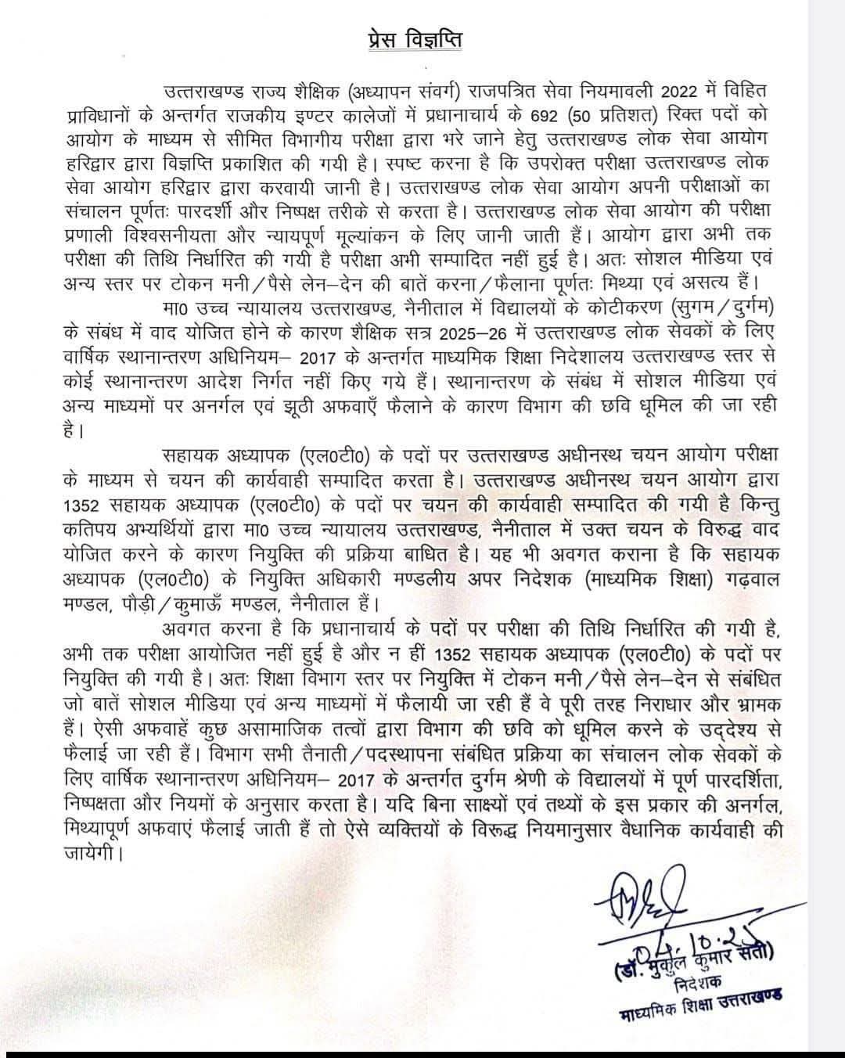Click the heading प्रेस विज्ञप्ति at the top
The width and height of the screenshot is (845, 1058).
click(421, 38)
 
